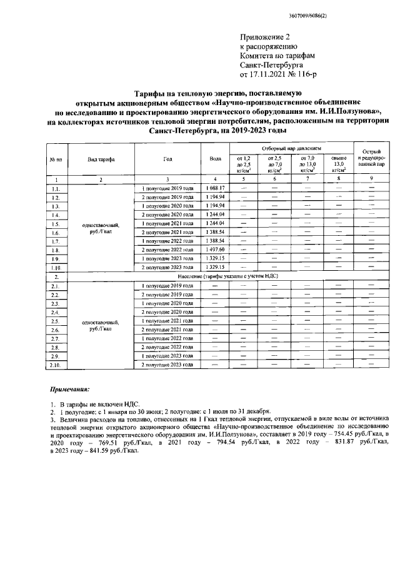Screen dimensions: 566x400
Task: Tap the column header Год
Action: (x=167, y=159)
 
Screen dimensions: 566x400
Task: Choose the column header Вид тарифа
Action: (x=101, y=159)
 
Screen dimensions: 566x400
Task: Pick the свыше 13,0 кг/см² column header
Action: (x=339, y=164)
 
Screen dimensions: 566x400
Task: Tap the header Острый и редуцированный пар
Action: (x=372, y=159)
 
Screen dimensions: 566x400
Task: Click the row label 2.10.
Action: (x=55, y=364)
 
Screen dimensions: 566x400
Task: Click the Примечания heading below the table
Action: (x=70, y=389)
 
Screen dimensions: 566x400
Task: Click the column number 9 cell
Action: (x=372, y=179)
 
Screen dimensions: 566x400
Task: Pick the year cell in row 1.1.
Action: (x=167, y=188)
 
